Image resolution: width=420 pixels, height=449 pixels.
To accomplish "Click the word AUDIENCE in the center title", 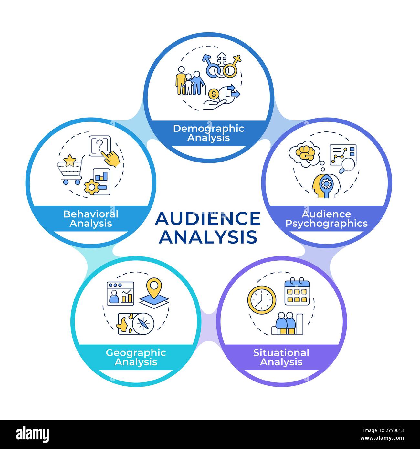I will (208, 219).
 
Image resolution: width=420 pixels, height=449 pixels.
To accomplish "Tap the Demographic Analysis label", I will (209, 133).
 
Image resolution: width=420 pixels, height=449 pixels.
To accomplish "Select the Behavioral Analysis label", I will (91, 219).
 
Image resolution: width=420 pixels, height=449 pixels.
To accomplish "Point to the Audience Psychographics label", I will (326, 219).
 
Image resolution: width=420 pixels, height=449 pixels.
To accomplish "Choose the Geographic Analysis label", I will (136, 357).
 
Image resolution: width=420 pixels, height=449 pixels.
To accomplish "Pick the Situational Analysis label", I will (281, 357).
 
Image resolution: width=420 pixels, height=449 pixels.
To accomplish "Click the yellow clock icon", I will (262, 300).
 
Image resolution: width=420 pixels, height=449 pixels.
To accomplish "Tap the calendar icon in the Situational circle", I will (297, 292).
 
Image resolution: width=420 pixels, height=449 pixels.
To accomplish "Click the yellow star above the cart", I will (70, 160).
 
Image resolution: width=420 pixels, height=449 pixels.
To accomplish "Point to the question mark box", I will (100, 144).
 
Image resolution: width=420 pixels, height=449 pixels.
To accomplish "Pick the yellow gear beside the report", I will (92, 187).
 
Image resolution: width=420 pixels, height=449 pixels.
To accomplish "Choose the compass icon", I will (143, 323).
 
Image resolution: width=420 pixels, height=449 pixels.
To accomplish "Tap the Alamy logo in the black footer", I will (32, 434).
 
